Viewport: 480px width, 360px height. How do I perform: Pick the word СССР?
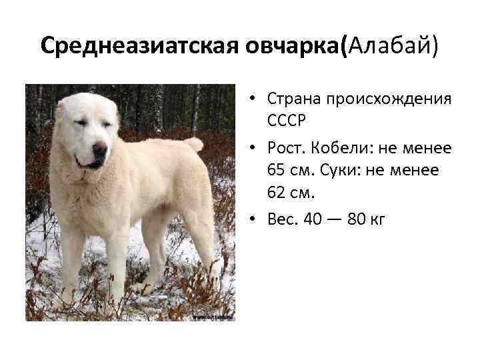287,123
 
